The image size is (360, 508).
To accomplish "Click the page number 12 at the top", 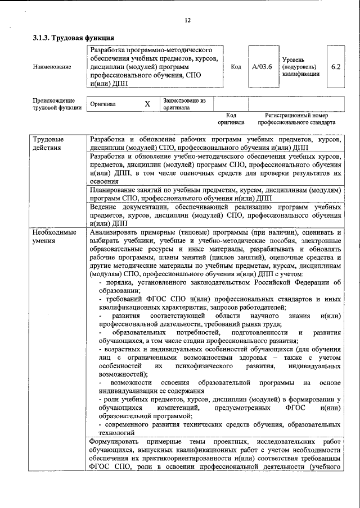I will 187,20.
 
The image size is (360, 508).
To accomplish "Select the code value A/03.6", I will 262,67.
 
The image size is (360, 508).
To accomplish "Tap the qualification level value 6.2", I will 336,66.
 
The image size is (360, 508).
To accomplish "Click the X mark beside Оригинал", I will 147,104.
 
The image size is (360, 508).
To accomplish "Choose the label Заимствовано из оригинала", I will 184,104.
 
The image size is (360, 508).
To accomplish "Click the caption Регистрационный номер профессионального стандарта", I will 296,118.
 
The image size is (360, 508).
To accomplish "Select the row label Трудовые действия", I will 48,143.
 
